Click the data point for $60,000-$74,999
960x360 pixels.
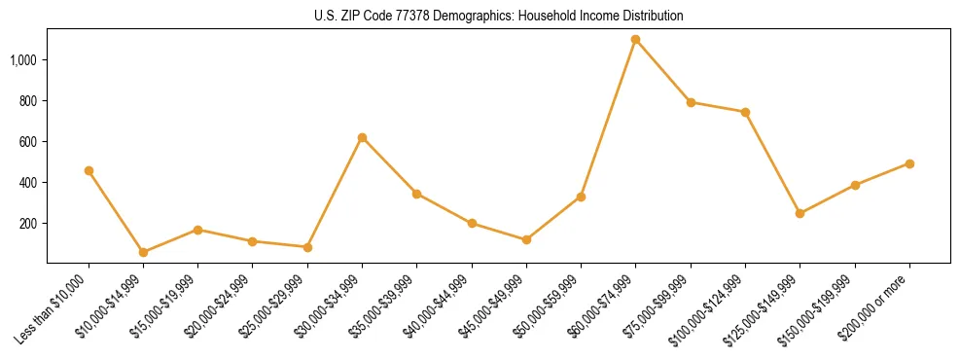click(x=636, y=39)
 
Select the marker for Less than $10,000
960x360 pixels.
click(x=89, y=170)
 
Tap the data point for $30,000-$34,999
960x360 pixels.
click(x=362, y=137)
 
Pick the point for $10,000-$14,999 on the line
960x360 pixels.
click(x=143, y=252)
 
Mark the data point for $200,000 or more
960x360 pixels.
click(x=909, y=163)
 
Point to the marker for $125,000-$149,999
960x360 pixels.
click(x=800, y=213)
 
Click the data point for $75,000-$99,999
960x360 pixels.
click(x=691, y=102)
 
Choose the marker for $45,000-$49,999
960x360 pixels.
click(x=526, y=239)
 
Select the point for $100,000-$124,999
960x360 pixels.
click(x=745, y=112)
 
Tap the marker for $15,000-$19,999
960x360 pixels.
click(x=197, y=230)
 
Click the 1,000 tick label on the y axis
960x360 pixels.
click(x=23, y=59)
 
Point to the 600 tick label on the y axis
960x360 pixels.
click(x=27, y=141)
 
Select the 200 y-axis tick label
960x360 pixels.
click(x=27, y=223)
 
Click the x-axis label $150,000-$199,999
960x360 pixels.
click(x=823, y=307)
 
